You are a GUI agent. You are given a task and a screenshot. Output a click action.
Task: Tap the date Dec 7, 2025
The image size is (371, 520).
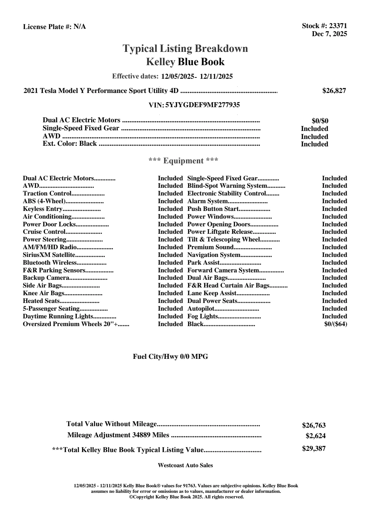pyautogui.click(x=329, y=34)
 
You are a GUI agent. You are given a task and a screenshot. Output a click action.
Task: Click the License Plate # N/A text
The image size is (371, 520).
pyautogui.click(x=54, y=27)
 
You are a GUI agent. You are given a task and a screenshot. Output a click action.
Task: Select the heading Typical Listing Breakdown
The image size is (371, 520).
pyautogui.click(x=185, y=48)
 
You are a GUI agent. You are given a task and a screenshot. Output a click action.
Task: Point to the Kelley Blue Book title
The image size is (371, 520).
pyautogui.click(x=185, y=62)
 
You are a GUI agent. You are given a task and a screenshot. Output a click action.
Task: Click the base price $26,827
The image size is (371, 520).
pyautogui.click(x=334, y=90)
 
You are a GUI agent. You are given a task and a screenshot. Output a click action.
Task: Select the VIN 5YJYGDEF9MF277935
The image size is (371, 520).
pyautogui.click(x=202, y=105)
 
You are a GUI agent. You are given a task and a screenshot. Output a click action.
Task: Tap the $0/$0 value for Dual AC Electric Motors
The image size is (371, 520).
pyautogui.click(x=320, y=121)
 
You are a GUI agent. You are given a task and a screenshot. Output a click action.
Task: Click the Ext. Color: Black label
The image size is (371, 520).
pyautogui.click(x=70, y=144)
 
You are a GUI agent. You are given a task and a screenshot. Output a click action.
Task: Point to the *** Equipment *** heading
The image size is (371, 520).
pyautogui.click(x=183, y=161)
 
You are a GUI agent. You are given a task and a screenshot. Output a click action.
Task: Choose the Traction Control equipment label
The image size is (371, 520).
pyautogui.click(x=47, y=194)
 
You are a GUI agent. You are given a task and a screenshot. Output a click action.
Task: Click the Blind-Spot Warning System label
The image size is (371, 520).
pyautogui.click(x=227, y=186)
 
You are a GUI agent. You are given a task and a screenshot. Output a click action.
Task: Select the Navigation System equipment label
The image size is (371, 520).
pyautogui.click(x=214, y=255)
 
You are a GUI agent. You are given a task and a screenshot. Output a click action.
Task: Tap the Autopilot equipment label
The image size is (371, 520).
pyautogui.click(x=201, y=309)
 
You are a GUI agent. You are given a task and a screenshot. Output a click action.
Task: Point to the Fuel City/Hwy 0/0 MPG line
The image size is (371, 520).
pyautogui.click(x=171, y=357)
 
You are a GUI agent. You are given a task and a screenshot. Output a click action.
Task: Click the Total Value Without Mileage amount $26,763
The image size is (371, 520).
pyautogui.click(x=314, y=426)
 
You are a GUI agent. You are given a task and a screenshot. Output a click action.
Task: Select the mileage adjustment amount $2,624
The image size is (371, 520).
pyautogui.click(x=316, y=436)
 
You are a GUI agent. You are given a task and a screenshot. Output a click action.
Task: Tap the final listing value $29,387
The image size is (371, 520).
pyautogui.click(x=314, y=449)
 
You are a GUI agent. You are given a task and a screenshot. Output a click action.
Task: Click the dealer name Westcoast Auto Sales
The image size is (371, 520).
pyautogui.click(x=185, y=465)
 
